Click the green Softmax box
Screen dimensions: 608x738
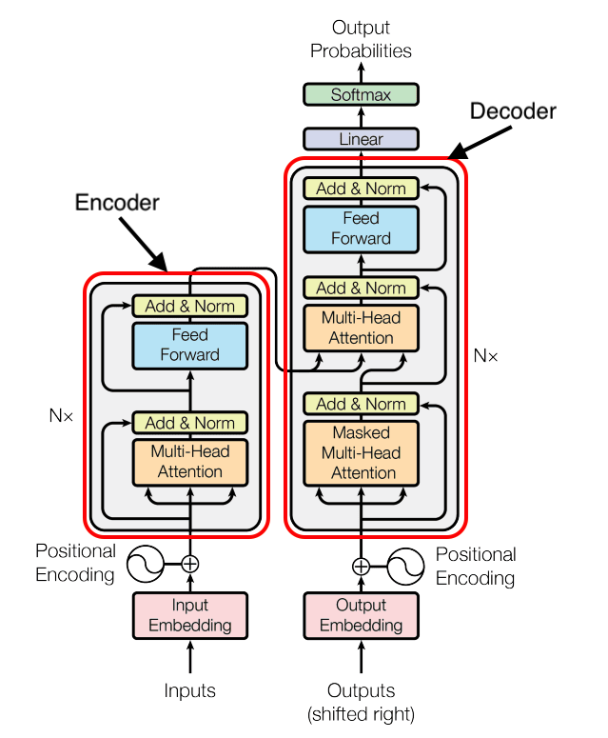[361, 94]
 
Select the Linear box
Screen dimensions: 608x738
[361, 139]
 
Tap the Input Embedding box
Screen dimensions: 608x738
[190, 615]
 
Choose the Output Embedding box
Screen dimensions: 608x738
[361, 615]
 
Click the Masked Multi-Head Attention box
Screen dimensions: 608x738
[361, 453]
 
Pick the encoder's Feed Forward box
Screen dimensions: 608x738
[190, 346]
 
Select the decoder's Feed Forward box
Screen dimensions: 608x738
[361, 229]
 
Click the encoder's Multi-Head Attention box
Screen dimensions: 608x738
[190, 462]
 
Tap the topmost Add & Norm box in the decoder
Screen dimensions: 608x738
[361, 189]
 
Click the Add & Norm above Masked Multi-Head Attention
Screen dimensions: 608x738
[361, 404]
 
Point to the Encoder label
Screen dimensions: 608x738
[117, 203]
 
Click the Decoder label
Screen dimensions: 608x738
[513, 111]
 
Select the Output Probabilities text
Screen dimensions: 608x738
[361, 39]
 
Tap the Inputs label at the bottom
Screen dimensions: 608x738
[190, 690]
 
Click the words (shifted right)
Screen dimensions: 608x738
[361, 714]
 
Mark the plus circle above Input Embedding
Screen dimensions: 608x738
[190, 564]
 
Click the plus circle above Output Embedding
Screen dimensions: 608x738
[361, 567]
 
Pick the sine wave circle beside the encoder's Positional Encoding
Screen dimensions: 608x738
[146, 564]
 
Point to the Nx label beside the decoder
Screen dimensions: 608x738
[485, 356]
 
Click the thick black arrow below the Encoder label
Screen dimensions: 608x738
[144, 245]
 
